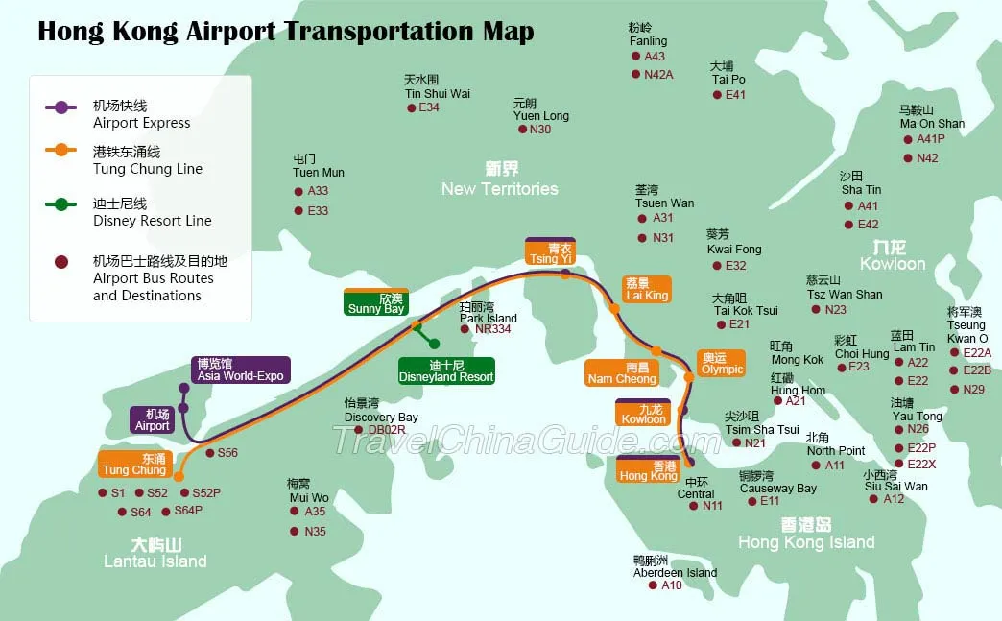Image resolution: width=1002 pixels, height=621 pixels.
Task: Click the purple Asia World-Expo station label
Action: click(241, 370)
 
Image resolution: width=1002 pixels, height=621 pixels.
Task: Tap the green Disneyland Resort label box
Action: click(446, 370)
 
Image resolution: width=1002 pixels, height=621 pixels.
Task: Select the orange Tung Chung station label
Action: click(134, 464)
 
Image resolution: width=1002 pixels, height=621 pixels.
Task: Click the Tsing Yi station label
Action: click(550, 252)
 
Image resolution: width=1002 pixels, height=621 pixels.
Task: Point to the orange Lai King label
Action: click(646, 289)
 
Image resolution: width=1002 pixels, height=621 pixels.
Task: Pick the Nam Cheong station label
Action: click(622, 372)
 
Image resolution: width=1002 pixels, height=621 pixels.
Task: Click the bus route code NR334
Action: click(492, 329)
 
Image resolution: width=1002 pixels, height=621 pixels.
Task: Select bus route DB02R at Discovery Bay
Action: click(387, 430)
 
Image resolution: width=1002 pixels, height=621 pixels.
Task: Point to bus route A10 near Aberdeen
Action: click(672, 585)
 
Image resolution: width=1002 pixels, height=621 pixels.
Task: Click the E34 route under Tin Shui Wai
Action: click(429, 107)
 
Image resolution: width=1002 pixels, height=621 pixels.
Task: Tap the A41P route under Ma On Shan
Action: click(930, 139)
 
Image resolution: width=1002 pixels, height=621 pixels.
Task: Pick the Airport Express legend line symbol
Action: click(61, 107)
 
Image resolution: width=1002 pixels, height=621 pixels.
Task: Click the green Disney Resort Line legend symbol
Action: click(61, 203)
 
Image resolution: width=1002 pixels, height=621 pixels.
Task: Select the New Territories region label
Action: click(499, 188)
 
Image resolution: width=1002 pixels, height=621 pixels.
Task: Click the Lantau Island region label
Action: click(155, 561)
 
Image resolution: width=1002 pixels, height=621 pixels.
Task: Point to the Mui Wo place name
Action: click(308, 498)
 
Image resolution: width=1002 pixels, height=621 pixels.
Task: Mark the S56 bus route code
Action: click(227, 453)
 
